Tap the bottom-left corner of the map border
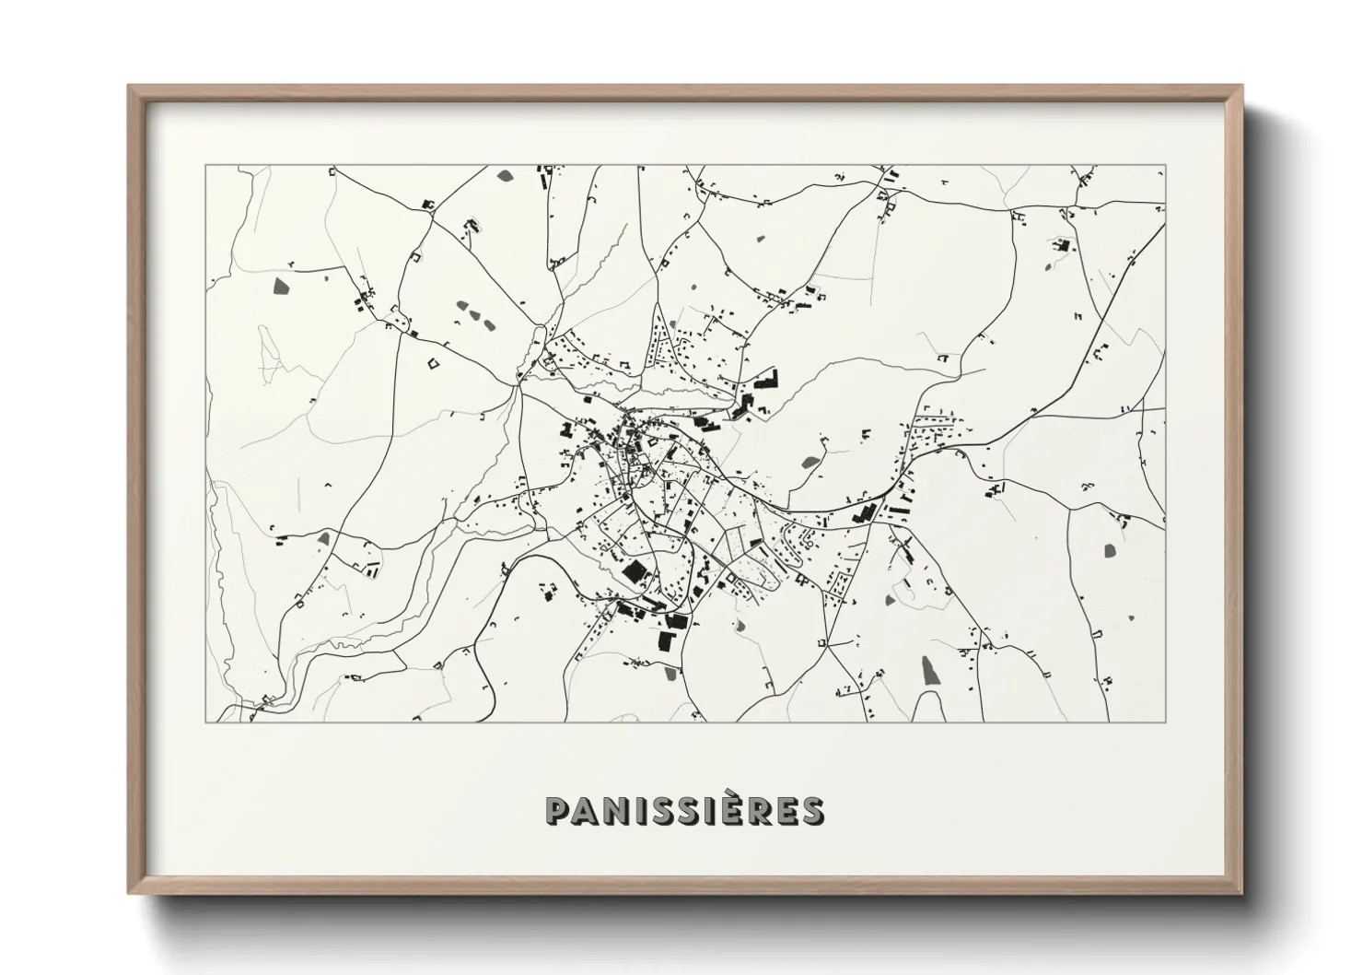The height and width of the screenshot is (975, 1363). (205, 722)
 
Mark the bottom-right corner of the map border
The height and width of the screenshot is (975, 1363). (1166, 722)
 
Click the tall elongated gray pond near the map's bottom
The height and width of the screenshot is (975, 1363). (930, 670)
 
